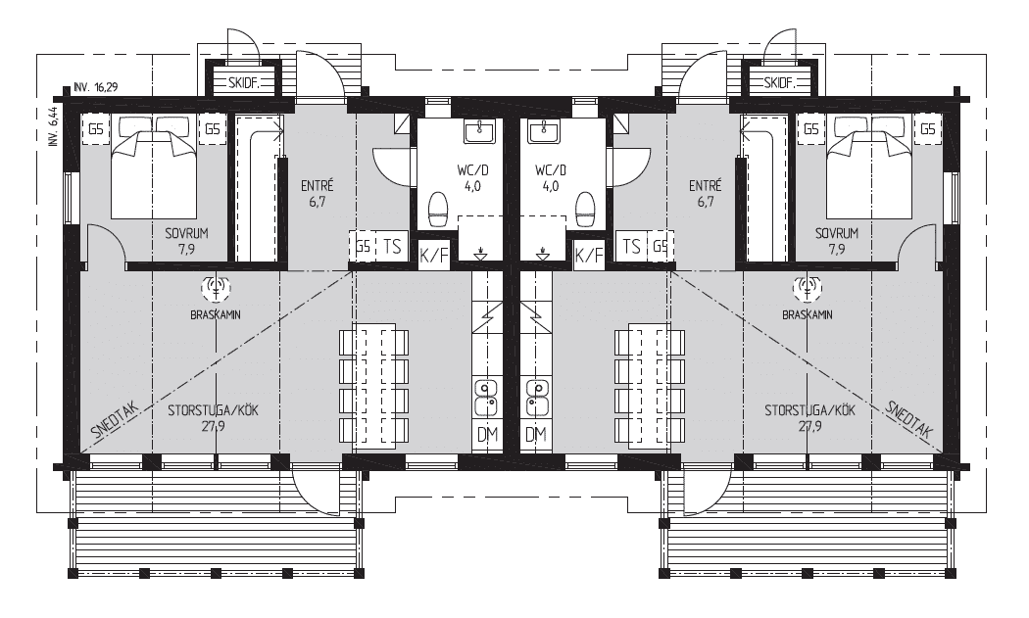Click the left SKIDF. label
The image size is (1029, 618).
245,83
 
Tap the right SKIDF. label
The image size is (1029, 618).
779,83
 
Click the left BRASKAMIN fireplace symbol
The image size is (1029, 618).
216,286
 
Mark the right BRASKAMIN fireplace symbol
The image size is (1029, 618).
808,286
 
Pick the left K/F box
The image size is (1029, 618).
434,254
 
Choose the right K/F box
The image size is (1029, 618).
589,254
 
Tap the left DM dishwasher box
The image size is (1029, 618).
487,434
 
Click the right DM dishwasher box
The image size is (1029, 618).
535,434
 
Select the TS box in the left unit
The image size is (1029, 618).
392,247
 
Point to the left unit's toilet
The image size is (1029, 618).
438,209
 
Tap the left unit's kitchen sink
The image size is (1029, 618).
486,399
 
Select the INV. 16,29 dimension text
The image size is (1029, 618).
96,86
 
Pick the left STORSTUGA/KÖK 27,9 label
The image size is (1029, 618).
214,417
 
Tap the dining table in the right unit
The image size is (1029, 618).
649,386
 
